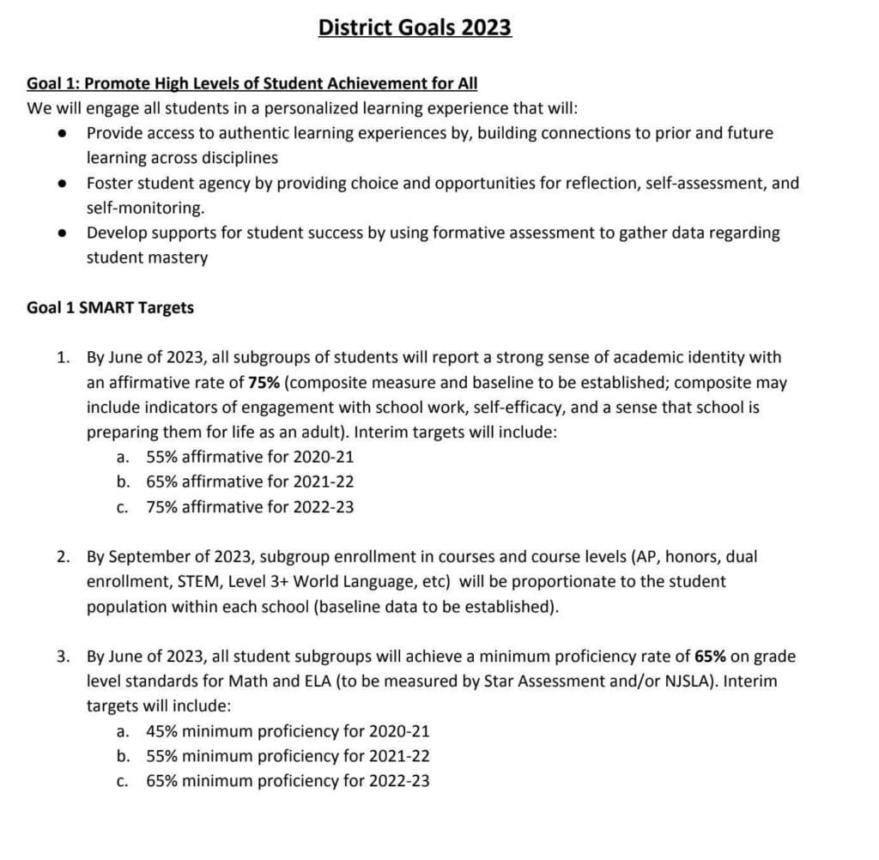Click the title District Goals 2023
click(415, 27)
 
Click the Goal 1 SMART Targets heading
click(110, 307)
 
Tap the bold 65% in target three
click(710, 657)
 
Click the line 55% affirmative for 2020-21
click(250, 457)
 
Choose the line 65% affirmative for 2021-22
click(250, 481)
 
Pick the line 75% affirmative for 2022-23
click(250, 506)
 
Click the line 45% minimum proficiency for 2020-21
click(288, 731)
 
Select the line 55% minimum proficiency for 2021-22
click(288, 756)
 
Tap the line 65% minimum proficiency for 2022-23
click(288, 781)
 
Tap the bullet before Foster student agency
click(62, 184)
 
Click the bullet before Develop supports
click(62, 233)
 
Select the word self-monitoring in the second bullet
click(145, 208)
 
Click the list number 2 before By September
click(63, 556)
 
